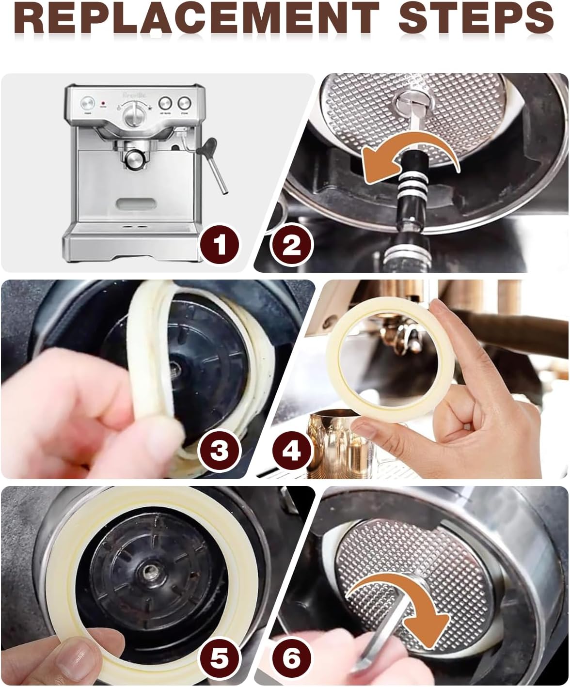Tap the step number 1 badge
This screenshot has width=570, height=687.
pyautogui.click(x=220, y=244)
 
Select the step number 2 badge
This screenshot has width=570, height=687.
pyautogui.click(x=292, y=244)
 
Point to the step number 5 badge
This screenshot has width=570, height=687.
pyautogui.click(x=220, y=658)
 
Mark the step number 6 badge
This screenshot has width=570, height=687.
pyautogui.click(x=292, y=658)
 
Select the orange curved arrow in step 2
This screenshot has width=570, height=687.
pyautogui.click(x=410, y=160)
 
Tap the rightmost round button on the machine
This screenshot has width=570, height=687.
pyautogui.click(x=184, y=103)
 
